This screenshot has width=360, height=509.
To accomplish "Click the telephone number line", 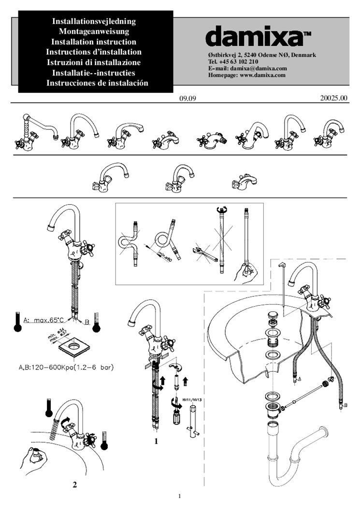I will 233,62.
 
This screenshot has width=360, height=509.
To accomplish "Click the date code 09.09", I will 187,99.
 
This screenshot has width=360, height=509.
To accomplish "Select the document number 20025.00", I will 333,99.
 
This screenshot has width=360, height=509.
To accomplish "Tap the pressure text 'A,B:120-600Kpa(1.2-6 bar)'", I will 66,367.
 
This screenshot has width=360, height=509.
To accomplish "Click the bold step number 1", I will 156,441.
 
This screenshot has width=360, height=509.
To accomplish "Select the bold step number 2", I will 74,484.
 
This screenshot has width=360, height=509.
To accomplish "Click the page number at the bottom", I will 179,496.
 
